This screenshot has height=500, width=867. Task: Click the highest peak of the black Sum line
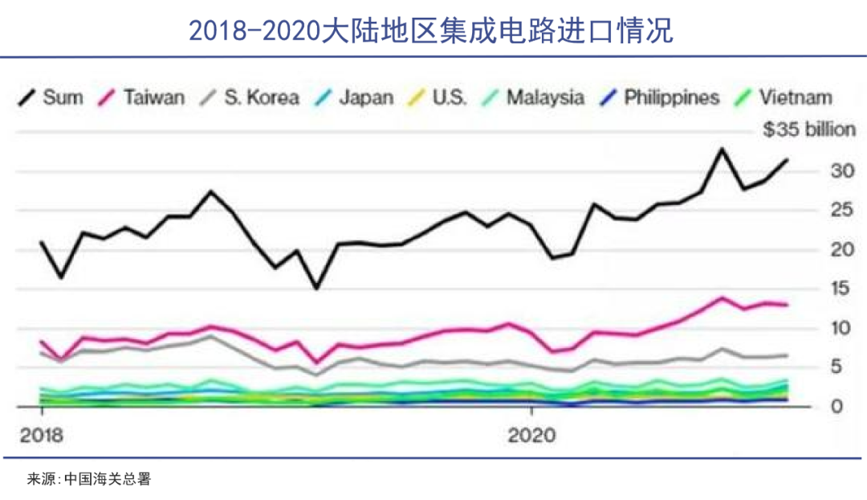[x=721, y=149]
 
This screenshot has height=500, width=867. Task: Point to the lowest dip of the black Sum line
[x=316, y=288]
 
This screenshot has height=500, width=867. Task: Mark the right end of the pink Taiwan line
[x=787, y=305]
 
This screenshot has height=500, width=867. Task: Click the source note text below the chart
[x=89, y=479]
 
